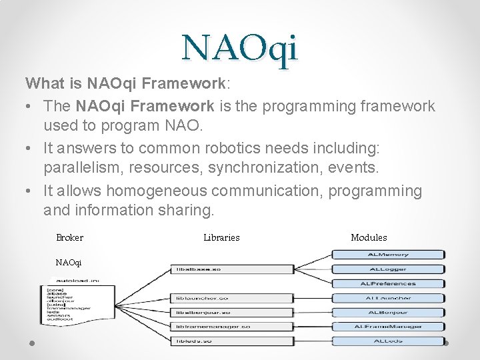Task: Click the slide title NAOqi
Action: (240, 48)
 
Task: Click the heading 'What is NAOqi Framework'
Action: (127, 84)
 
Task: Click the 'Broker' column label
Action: (70, 237)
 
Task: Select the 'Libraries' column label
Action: (221, 237)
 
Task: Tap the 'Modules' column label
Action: (369, 237)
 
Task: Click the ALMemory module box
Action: (388, 255)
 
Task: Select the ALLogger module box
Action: (388, 269)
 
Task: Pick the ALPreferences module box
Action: (388, 284)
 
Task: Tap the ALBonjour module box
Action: (388, 313)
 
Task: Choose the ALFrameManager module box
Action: (388, 327)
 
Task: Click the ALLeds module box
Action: (388, 341)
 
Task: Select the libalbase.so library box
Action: (231, 269)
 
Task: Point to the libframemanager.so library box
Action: (231, 327)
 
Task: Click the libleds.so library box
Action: (231, 341)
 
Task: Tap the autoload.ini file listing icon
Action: (70, 300)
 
